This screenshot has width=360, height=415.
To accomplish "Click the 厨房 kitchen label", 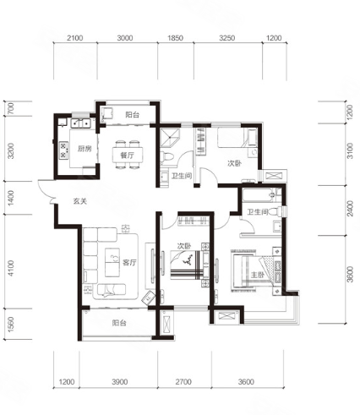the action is point(85,149).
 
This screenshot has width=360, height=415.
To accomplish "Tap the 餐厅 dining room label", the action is point(127,155).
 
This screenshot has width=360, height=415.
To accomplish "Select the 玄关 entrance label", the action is point(80,201).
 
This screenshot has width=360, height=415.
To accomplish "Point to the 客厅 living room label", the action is point(129,263).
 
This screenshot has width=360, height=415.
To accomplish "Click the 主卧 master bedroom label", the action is point(257,275).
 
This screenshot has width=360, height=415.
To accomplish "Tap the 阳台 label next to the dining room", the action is point(132,115).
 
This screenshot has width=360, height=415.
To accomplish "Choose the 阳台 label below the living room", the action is point(119,323).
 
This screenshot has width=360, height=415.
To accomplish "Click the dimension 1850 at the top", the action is point(175,38).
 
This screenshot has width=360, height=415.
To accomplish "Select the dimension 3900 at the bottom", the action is point(120,382).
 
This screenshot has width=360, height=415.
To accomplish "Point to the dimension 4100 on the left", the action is point(11,268).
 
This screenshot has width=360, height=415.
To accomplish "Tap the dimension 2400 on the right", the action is point(350,208).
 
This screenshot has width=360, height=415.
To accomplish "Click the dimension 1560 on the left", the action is point(11,325).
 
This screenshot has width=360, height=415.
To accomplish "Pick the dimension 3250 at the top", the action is point(227,38).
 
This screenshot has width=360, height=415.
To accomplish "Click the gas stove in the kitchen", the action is point(63,150).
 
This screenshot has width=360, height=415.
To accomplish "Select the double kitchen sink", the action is point(80,123).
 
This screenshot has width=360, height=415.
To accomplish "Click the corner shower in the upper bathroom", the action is point(170,137).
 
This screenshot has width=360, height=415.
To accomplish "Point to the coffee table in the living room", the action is point(112,262).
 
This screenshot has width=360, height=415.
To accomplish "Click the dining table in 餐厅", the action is point(128,155).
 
